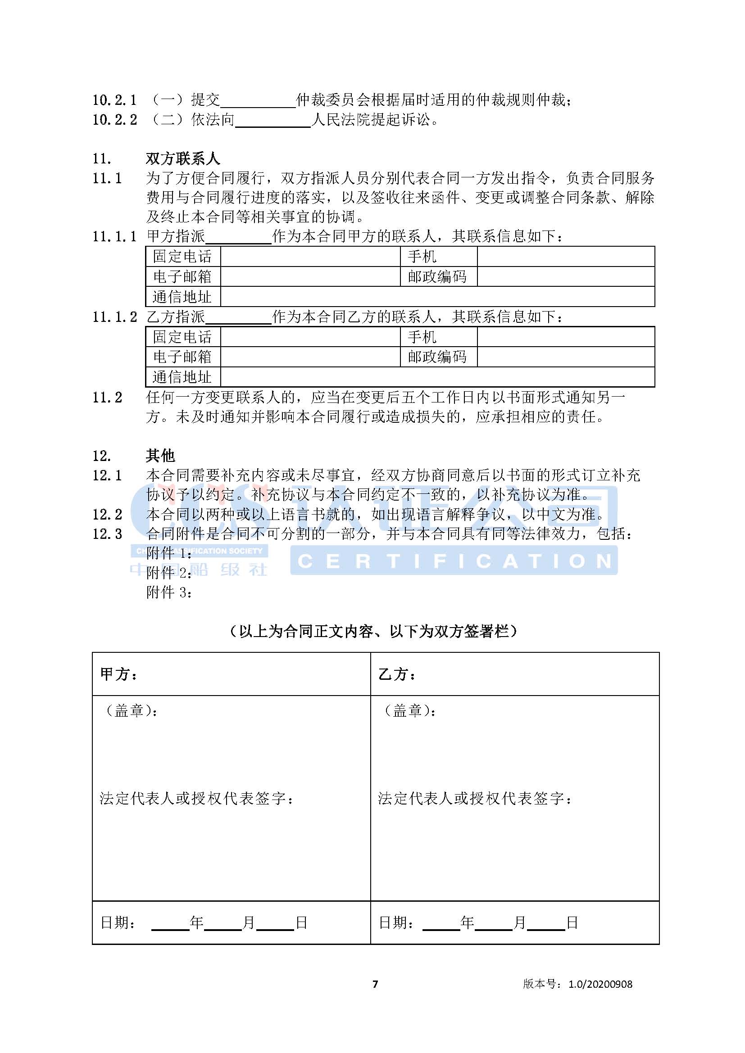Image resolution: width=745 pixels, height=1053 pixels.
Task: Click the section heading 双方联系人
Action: pyautogui.click(x=182, y=158)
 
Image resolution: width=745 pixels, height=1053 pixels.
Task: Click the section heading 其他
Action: pyautogui.click(x=160, y=456)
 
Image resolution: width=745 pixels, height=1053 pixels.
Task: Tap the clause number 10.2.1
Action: pyautogui.click(x=114, y=100)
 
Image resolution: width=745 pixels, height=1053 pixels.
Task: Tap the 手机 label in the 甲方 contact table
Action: pyautogui.click(x=422, y=256)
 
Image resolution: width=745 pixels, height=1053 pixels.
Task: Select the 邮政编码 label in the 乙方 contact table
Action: pyautogui.click(x=437, y=357)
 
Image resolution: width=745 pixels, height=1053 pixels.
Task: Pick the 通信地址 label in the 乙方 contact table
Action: pyautogui.click(x=182, y=377)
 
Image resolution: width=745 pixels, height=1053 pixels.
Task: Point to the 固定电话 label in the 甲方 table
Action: pyautogui.click(x=182, y=256)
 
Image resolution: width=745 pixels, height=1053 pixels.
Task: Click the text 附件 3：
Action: pyautogui.click(x=169, y=592)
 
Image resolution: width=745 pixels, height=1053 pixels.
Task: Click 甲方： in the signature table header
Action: pyautogui.click(x=119, y=674)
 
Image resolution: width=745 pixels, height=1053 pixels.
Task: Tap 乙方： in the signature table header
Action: pyautogui.click(x=397, y=674)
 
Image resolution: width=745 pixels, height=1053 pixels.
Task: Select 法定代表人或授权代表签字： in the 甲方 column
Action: pyautogui.click(x=197, y=799)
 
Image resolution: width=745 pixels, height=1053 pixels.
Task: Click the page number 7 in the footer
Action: pyautogui.click(x=375, y=984)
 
